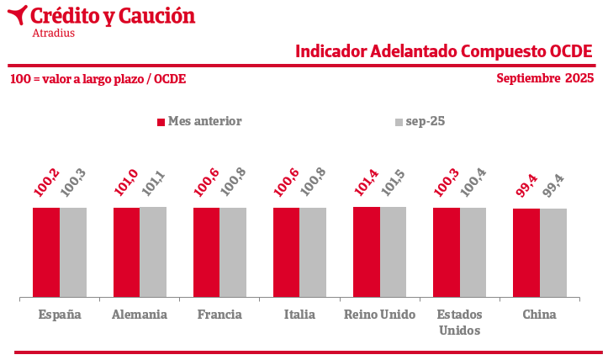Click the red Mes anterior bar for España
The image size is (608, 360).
[x=46, y=252]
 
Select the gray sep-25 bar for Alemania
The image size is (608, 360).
[x=153, y=252]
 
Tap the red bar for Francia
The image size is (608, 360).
[x=206, y=252]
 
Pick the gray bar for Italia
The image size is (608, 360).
[x=313, y=252]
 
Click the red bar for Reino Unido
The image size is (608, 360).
[x=366, y=252]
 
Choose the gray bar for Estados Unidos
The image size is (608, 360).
[x=473, y=252]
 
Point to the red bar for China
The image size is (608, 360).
[x=526, y=252]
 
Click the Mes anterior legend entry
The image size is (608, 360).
[x=199, y=121]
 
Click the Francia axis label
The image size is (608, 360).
[x=219, y=315]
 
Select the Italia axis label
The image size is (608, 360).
[x=299, y=315]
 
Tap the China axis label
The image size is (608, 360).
[x=539, y=315]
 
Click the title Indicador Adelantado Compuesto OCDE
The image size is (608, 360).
[x=444, y=51]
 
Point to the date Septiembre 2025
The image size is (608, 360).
[x=545, y=78]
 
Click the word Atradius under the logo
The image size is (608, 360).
[x=53, y=34]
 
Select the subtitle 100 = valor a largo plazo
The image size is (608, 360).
[x=98, y=79]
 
